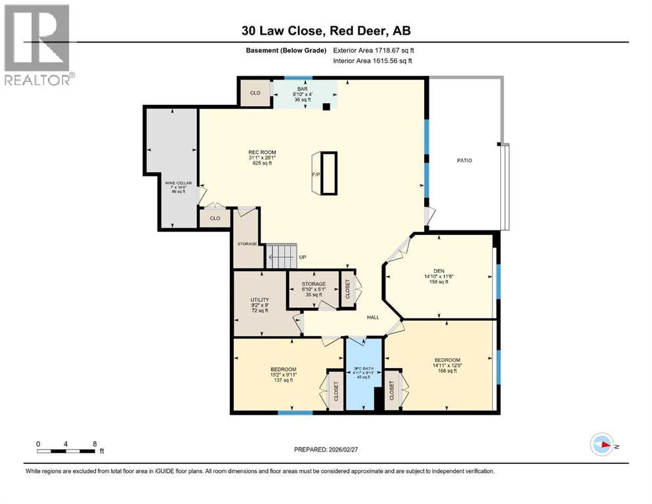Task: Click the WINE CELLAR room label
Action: coord(175,186)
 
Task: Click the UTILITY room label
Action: coord(259,305)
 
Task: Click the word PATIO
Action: coord(465,160)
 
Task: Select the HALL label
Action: coord(373,317)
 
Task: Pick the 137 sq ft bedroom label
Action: coord(284,373)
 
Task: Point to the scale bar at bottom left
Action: coord(66,450)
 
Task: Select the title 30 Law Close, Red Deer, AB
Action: coord(326,31)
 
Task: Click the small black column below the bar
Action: coord(326,108)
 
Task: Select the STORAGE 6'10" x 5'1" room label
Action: coord(314,289)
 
